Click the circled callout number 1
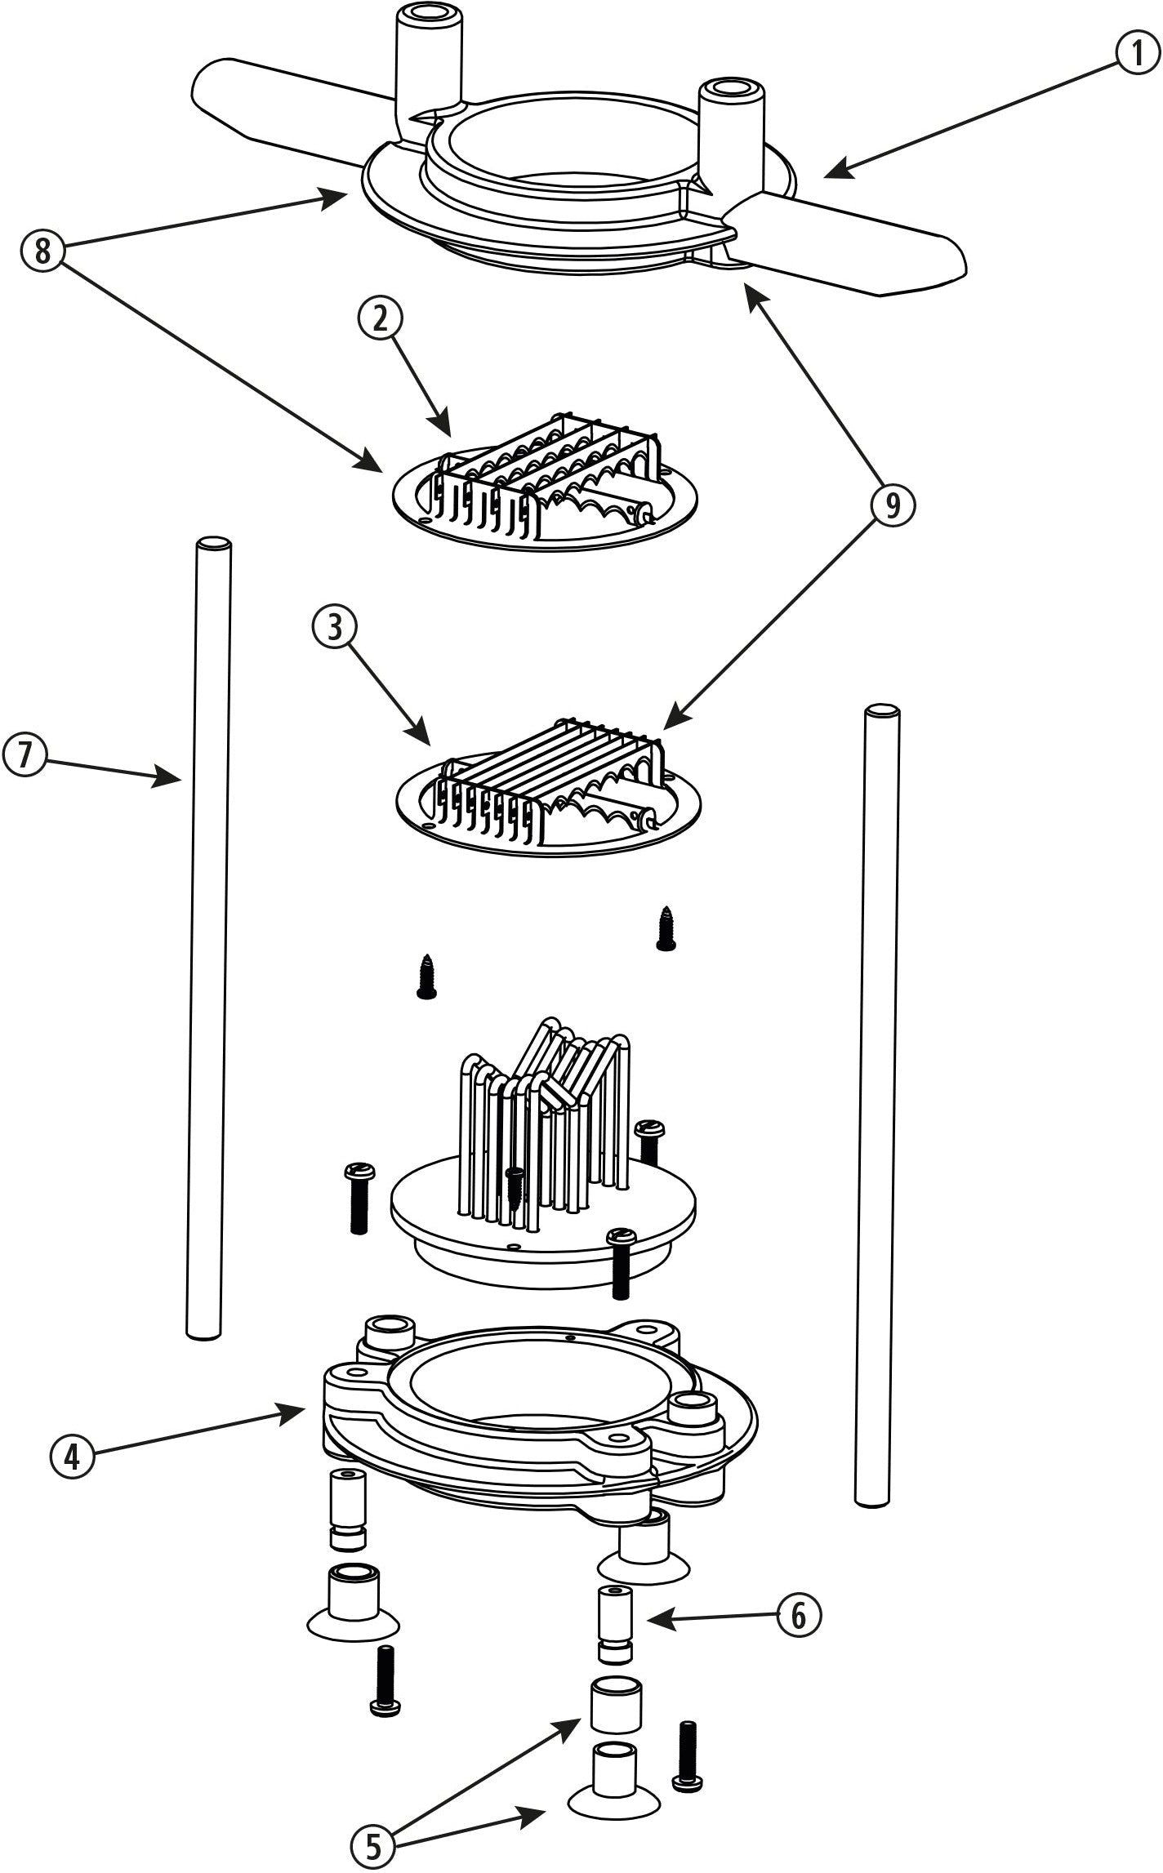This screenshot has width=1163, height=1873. pyautogui.click(x=1138, y=56)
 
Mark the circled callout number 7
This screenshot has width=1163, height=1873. pyautogui.click(x=25, y=754)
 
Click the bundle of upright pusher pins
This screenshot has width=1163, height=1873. pyautogui.click(x=547, y=1127)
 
